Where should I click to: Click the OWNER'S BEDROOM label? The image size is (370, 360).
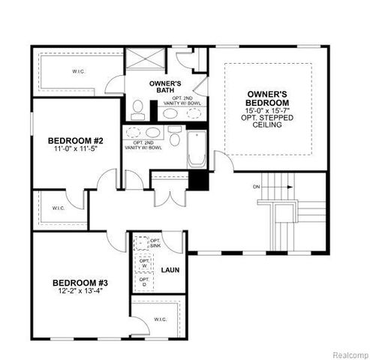268,98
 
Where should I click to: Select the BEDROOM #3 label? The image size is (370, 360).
80,283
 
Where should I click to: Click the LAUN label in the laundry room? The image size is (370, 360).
170,269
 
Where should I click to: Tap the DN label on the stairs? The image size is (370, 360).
257,186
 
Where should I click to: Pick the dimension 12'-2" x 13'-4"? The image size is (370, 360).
80,292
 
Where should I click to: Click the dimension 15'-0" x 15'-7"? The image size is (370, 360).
268,111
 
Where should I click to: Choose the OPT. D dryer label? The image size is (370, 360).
144,282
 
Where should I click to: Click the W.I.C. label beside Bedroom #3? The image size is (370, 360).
160,319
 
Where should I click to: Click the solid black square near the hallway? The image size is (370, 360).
199,181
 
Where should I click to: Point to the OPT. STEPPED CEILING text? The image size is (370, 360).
268,122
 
